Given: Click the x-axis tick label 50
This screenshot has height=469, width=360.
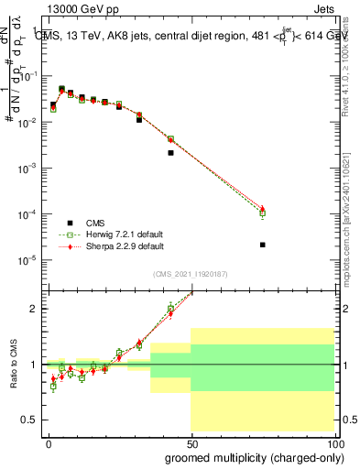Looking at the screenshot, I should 191,442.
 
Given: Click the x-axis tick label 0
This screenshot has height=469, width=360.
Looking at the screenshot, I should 49,442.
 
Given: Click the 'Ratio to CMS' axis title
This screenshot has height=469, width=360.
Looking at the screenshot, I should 14,363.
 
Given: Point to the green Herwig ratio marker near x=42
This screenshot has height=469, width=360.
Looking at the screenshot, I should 170,308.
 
